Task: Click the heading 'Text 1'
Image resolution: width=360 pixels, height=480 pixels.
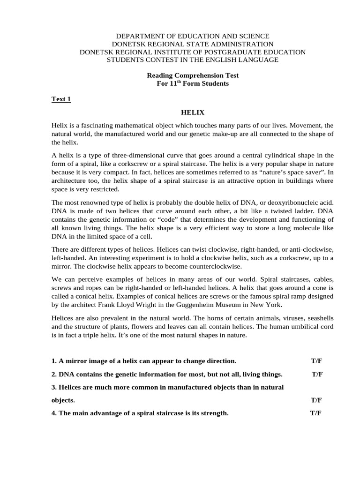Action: click(x=60, y=99)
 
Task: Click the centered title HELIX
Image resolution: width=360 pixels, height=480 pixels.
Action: click(x=193, y=112)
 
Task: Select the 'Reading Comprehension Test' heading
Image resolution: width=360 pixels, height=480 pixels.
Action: click(x=193, y=75)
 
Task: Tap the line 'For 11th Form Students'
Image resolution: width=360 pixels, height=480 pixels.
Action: click(x=193, y=83)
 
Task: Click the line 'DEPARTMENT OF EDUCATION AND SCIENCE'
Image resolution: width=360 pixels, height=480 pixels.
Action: click(x=193, y=36)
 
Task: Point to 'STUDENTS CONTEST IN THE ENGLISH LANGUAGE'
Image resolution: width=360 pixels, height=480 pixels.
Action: click(x=193, y=60)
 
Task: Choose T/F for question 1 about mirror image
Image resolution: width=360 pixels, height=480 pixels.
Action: click(x=316, y=361)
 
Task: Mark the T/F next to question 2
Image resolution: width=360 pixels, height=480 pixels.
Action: click(x=317, y=375)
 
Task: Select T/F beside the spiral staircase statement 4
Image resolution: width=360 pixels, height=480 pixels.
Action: click(x=315, y=413)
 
